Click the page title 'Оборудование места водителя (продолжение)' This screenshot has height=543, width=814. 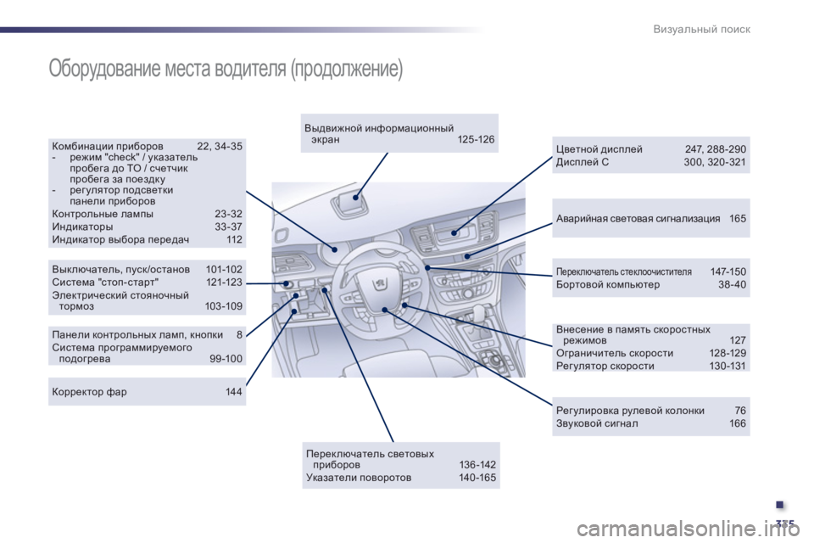[226, 69]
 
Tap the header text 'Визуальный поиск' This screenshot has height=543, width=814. [701, 29]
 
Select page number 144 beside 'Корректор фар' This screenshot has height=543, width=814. [234, 391]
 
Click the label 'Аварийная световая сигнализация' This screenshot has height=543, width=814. [638, 218]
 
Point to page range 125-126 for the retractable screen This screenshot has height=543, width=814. [476, 139]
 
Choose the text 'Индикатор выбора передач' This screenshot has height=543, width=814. [120, 239]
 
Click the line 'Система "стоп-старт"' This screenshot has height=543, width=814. [105, 283]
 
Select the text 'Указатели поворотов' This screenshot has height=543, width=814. [359, 477]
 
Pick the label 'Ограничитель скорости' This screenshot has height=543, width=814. [615, 353]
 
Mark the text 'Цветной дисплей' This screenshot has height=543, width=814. [599, 149]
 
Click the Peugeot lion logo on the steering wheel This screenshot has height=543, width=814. [380, 283]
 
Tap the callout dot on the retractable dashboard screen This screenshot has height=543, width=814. [355, 198]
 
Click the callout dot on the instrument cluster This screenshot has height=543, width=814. [335, 249]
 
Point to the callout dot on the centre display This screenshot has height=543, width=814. [454, 232]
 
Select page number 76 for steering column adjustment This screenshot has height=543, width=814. [740, 410]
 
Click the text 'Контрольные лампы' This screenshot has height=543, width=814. [103, 214]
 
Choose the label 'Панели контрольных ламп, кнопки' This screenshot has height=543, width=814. [137, 334]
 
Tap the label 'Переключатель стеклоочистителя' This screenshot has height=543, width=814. [624, 271]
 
